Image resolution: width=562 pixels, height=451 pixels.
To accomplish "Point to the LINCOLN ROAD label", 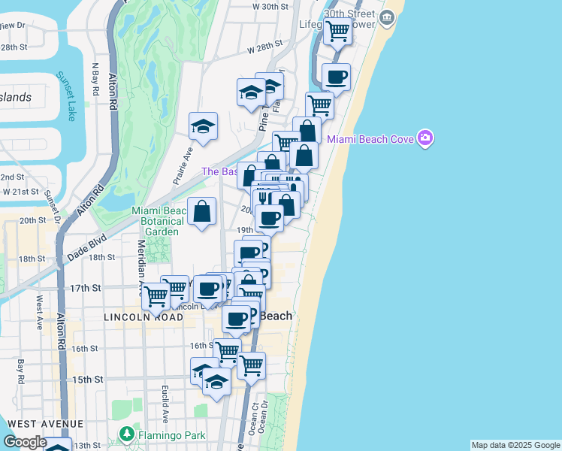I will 144,318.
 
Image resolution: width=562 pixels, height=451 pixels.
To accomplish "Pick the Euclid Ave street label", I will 165,404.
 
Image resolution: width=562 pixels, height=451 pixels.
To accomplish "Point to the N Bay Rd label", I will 95,77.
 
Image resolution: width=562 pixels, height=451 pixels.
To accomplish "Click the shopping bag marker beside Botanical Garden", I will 202,211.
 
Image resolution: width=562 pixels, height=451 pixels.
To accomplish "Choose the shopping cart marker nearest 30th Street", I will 338,32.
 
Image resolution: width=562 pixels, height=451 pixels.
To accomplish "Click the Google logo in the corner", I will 25,443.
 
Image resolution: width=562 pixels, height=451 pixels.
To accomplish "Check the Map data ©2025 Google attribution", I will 515,445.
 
